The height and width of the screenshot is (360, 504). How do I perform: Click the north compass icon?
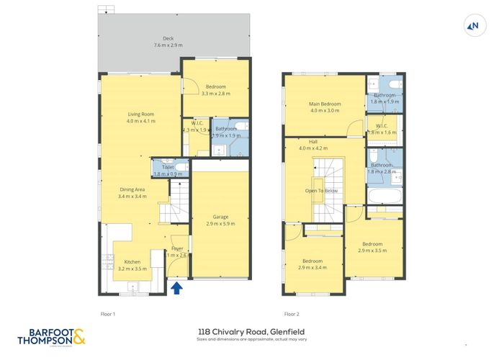(473, 27)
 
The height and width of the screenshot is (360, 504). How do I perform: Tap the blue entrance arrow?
(176, 289)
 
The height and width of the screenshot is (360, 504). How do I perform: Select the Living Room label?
(140, 117)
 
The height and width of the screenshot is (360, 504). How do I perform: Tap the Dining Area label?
(132, 192)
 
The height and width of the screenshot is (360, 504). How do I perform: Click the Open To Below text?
(321, 191)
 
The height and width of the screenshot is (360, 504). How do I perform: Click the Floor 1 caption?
(107, 314)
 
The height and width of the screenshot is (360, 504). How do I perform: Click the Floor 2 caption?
(292, 314)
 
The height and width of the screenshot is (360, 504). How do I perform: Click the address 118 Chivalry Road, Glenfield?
(251, 333)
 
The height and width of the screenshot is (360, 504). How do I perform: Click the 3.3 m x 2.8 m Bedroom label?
(215, 90)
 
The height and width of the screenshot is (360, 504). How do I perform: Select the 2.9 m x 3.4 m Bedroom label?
(312, 264)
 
